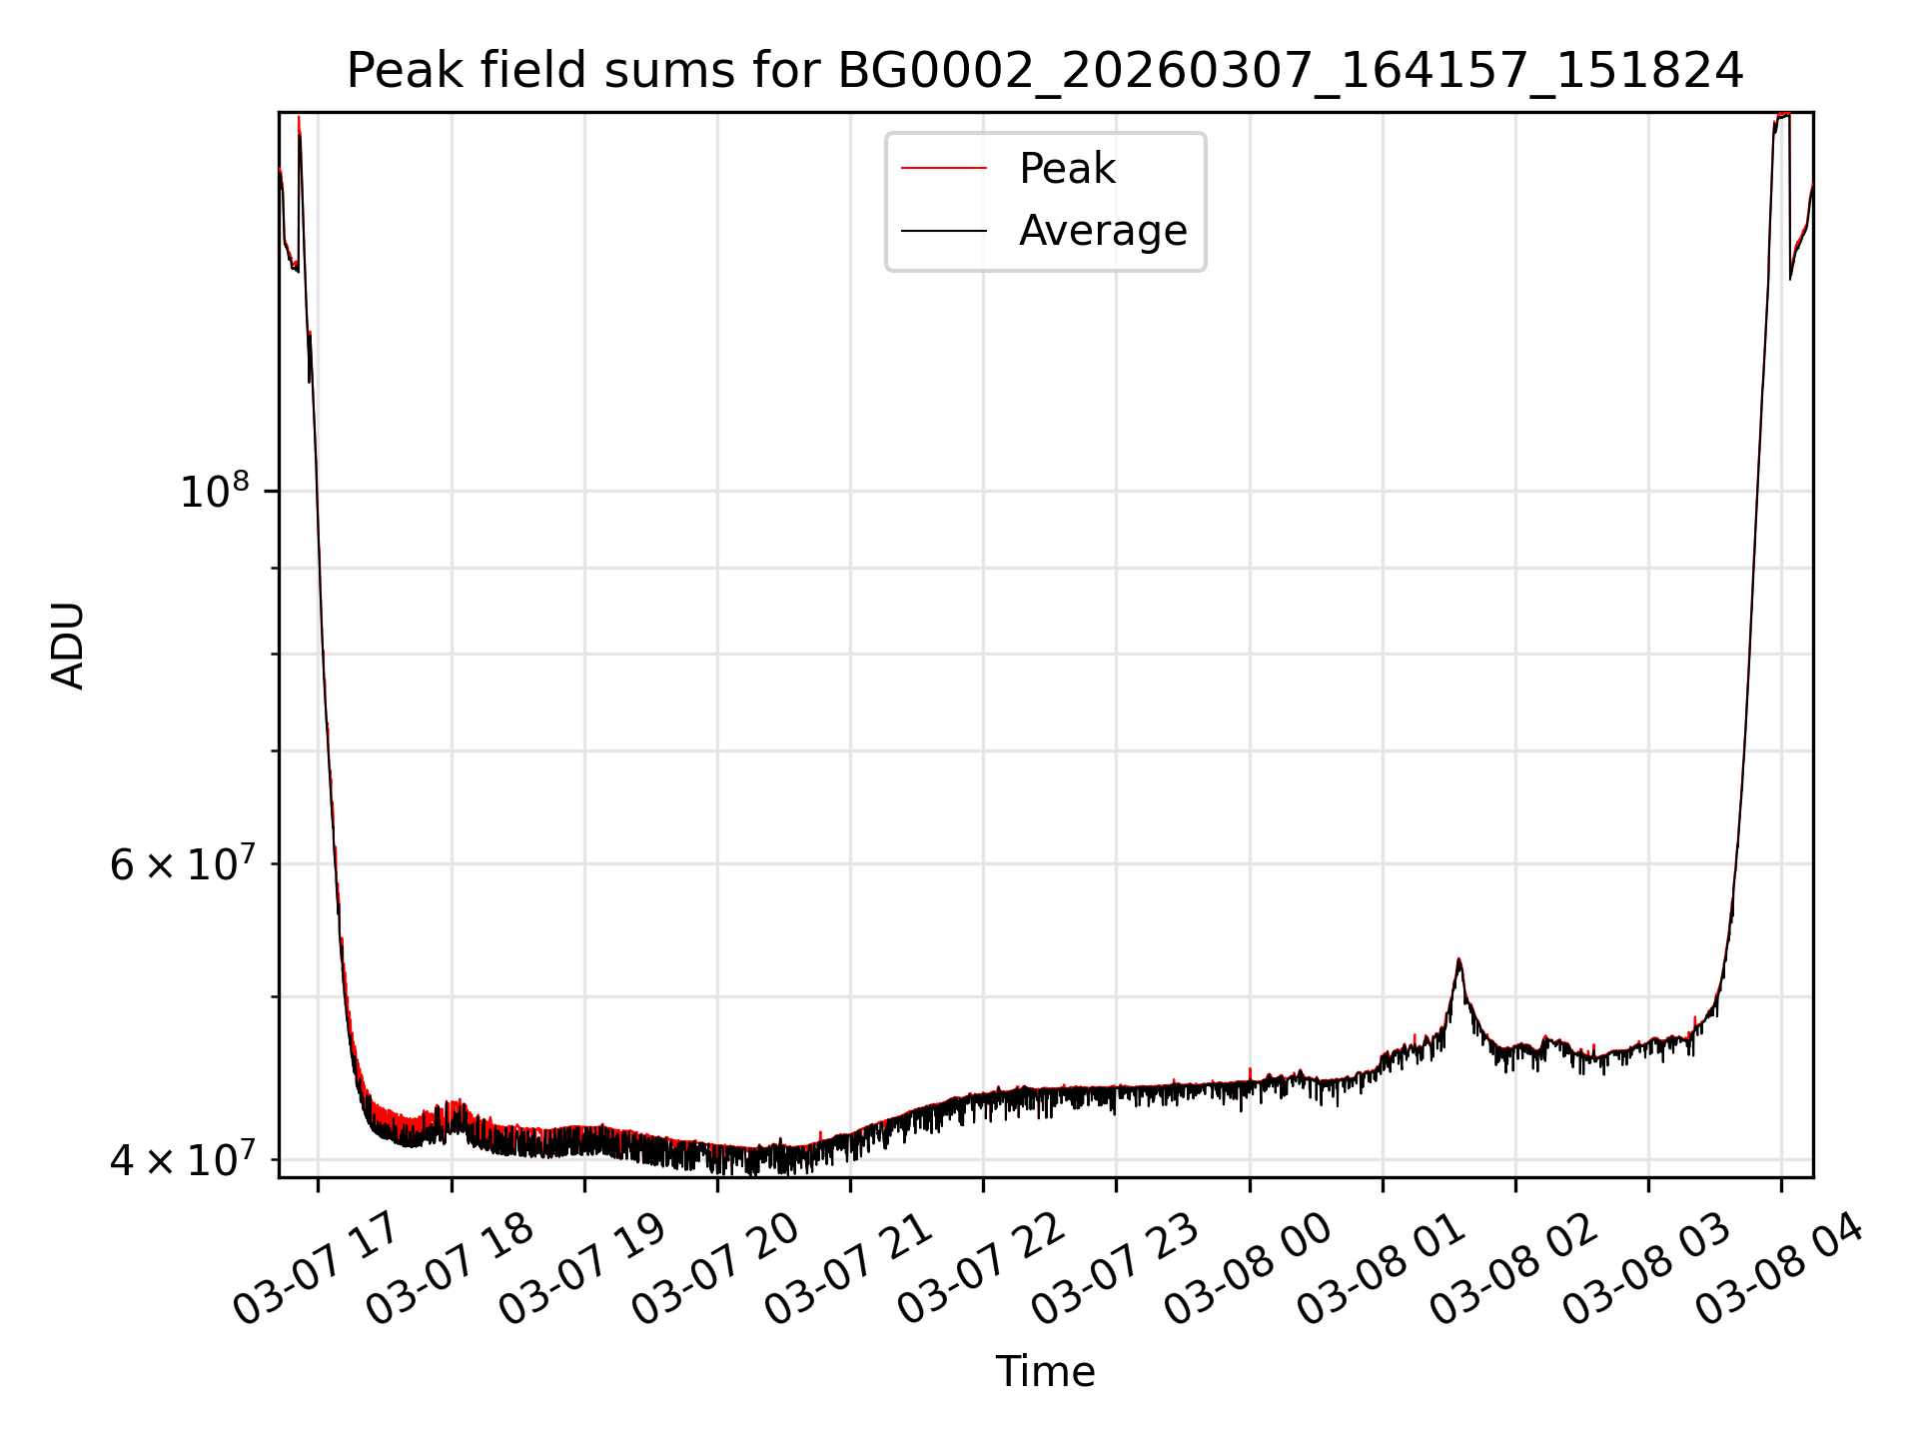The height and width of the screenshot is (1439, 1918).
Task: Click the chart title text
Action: click(1045, 71)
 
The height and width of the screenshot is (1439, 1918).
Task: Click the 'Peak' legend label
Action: click(1066, 169)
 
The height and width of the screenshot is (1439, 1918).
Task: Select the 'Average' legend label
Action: click(1102, 231)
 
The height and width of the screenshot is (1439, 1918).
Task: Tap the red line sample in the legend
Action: click(943, 169)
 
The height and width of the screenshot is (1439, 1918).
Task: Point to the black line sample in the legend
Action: click(943, 231)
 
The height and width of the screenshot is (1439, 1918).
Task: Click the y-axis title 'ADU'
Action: click(68, 646)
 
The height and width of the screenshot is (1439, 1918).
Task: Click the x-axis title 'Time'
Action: click(1045, 1372)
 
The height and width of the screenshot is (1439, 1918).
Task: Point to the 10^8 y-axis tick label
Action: click(214, 492)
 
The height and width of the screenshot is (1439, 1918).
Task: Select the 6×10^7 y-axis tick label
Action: click(182, 864)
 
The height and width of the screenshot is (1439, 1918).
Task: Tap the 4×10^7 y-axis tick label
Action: click(182, 1160)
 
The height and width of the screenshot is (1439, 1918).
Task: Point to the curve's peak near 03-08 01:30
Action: click(1458, 960)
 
